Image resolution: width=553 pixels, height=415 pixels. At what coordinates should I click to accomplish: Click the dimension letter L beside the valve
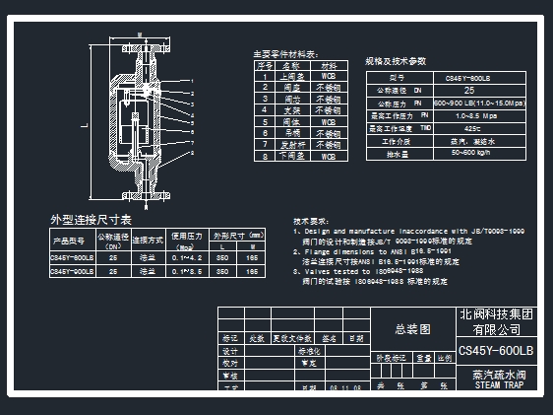click(84, 125)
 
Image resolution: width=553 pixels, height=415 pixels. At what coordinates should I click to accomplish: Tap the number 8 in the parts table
click(265, 156)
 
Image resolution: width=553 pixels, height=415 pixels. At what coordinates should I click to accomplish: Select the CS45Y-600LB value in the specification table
click(467, 77)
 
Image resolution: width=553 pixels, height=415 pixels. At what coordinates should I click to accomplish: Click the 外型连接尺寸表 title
click(91, 219)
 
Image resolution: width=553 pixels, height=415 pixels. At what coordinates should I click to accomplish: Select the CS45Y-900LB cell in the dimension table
click(73, 269)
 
